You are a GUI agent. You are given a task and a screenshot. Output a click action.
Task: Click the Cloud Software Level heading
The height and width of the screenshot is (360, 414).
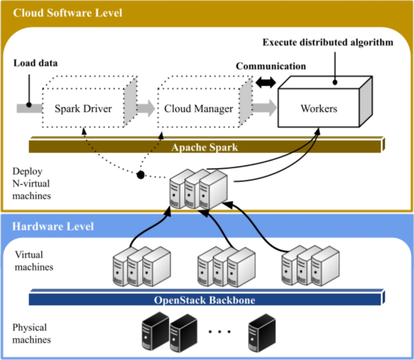coord(68,12)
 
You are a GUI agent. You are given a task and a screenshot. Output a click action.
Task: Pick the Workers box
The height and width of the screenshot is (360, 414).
coord(319,110)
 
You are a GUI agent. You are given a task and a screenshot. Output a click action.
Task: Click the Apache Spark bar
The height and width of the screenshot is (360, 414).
coord(206,146)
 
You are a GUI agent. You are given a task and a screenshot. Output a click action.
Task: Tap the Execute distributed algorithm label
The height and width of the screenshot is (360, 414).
coord(328,42)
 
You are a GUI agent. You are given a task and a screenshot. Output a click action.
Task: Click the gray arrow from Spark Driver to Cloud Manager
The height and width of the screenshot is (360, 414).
coord(146,109)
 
